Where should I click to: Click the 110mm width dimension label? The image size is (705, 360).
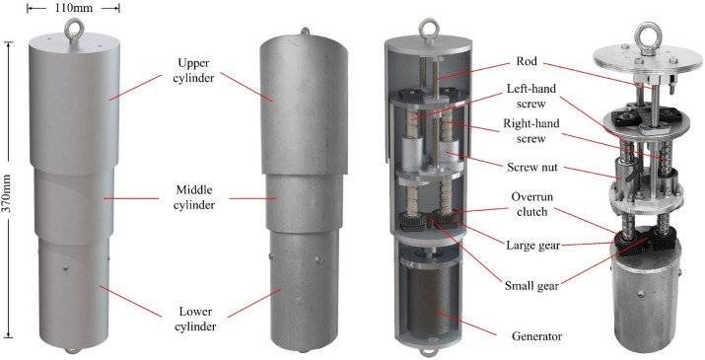(73, 8)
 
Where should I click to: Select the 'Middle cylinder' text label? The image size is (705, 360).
(194, 197)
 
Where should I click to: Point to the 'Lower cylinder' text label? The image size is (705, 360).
(194, 319)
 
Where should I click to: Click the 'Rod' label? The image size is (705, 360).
(527, 61)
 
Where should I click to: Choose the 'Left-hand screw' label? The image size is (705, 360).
(531, 96)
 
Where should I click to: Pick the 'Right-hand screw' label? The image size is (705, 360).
(531, 130)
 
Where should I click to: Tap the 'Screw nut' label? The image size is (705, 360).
(531, 168)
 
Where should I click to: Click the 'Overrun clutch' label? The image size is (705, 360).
(531, 204)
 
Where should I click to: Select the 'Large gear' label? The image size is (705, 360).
(532, 246)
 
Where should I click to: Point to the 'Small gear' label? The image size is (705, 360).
(531, 285)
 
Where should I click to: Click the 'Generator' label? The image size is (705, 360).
(536, 336)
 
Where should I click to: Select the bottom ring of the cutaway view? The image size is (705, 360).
(428, 352)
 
